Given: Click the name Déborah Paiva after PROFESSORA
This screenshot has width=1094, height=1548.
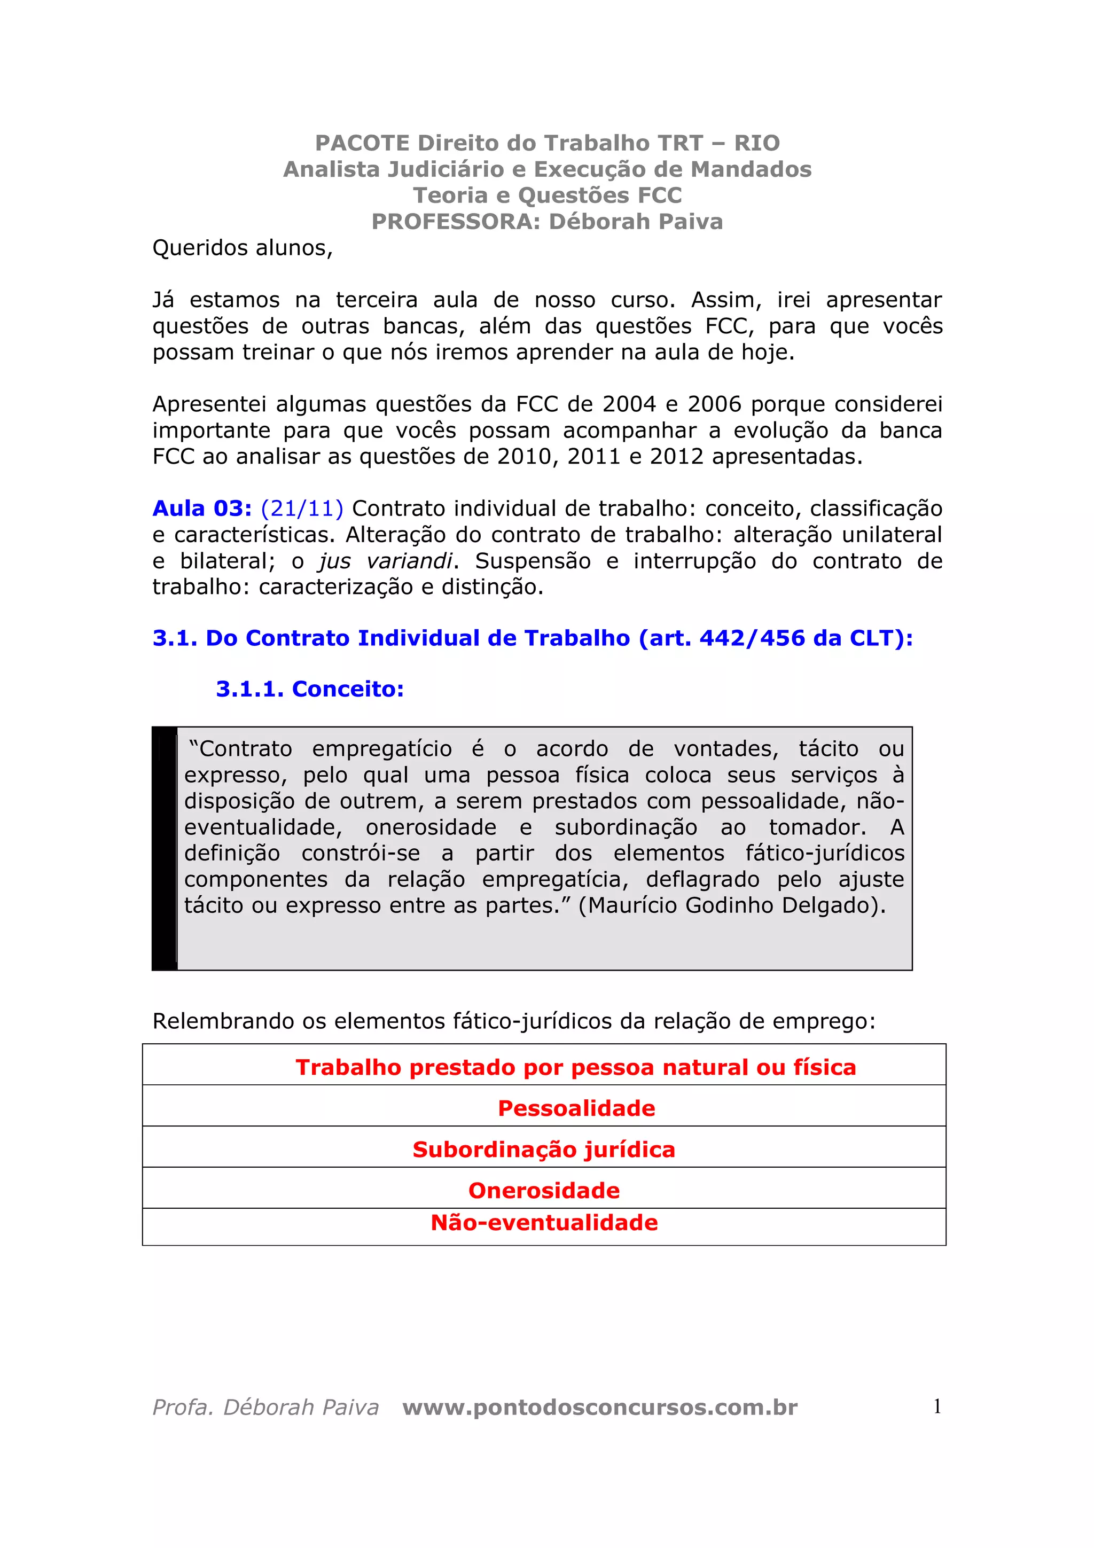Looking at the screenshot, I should tap(636, 222).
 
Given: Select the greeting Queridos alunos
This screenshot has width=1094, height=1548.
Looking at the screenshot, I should tap(243, 248).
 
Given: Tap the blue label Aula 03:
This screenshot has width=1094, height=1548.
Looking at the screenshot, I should tap(201, 509).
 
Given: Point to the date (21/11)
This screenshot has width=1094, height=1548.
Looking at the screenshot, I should tap(302, 509).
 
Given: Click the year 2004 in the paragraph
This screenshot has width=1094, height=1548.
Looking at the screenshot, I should tap(629, 404).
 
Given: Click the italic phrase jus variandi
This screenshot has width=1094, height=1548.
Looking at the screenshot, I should tap(386, 561).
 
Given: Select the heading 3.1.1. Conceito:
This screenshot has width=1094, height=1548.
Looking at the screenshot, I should tap(309, 689).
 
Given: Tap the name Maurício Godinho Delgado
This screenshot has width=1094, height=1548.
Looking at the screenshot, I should tap(734, 905).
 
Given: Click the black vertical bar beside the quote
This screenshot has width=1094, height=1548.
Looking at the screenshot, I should tap(165, 848).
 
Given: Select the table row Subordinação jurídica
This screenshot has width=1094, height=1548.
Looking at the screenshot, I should tap(544, 1150).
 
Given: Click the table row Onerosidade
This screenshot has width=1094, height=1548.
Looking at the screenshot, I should tap(544, 1191).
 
